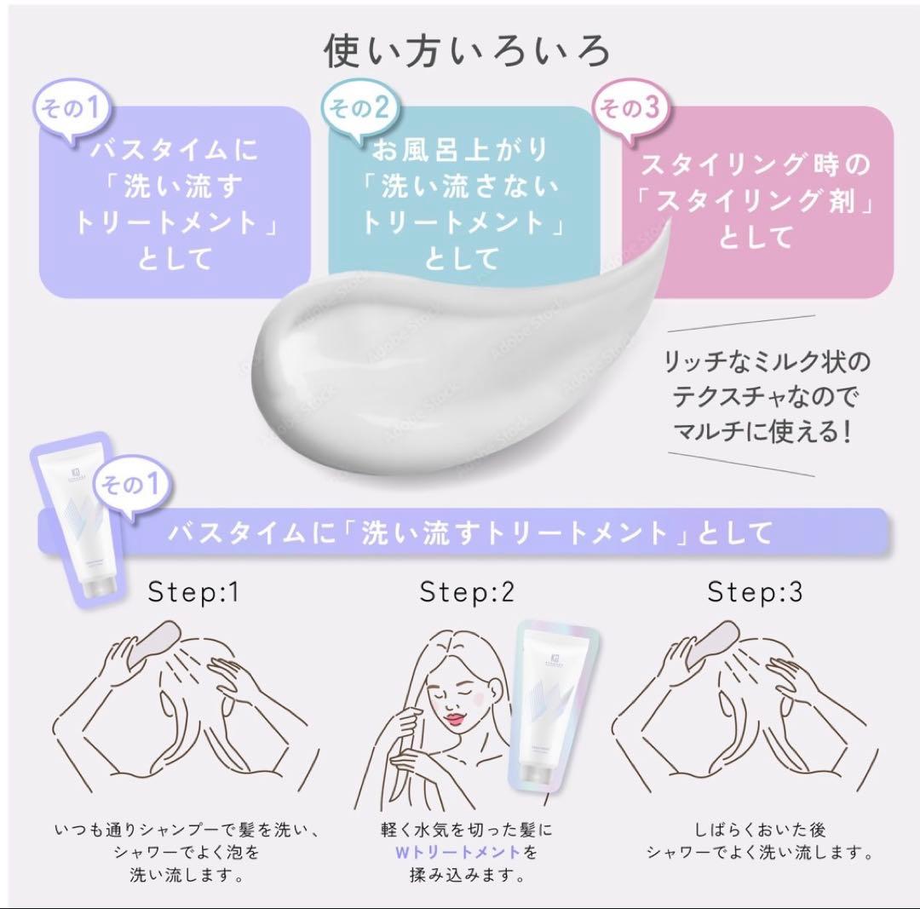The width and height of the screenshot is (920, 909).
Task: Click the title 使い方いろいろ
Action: coord(467,50)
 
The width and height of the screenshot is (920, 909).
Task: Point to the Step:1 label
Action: coord(193,592)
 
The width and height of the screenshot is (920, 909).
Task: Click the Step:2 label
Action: coord(468,592)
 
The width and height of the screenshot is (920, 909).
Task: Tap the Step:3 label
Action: coord(755,592)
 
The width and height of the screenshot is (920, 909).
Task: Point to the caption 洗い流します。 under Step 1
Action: coord(185,873)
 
